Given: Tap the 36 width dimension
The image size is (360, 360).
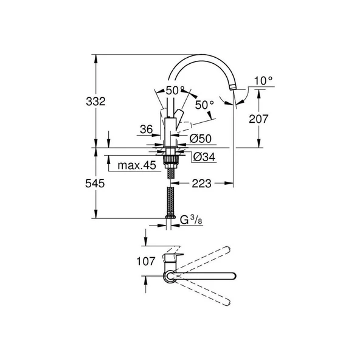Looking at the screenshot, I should tap(146, 129).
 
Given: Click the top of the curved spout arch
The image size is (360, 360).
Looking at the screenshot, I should tap(201, 57).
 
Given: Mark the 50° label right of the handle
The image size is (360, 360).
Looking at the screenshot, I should tap(204, 105).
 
